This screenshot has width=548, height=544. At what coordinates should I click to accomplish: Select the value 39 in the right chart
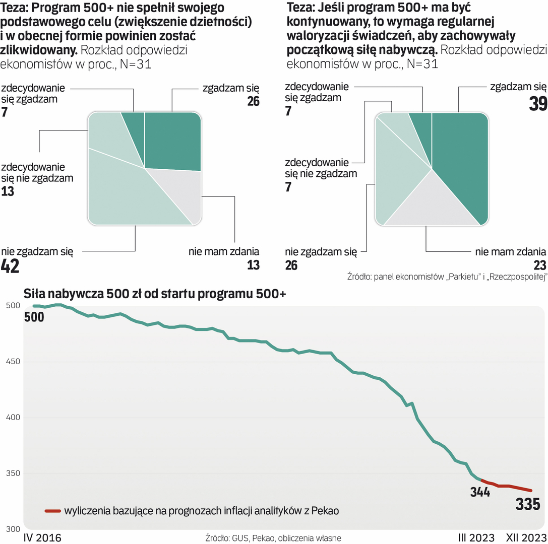(536, 103)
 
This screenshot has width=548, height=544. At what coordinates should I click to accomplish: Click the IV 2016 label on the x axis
(42, 537)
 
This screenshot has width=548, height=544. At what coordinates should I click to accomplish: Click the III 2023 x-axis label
(475, 537)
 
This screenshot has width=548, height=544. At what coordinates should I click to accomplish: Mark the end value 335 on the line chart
(527, 504)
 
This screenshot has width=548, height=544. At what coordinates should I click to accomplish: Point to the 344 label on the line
(479, 493)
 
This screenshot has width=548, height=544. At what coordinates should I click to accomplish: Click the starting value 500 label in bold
(34, 317)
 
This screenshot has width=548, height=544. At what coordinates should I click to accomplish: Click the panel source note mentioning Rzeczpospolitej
(447, 278)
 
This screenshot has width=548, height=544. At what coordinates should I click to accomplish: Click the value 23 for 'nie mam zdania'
(539, 265)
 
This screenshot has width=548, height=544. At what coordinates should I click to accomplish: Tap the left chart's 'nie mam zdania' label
(224, 251)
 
